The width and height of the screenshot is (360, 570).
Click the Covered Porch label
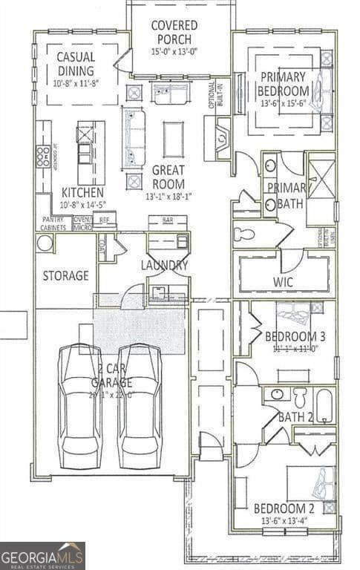tap(174, 32)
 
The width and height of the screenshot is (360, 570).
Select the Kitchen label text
tap(77, 191)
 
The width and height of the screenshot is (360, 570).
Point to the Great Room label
tap(168, 176)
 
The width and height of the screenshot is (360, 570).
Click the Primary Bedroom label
tap(282, 83)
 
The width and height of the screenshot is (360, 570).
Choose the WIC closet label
tap(283, 282)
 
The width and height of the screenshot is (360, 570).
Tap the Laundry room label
tap(164, 265)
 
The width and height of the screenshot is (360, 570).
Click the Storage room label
tap(65, 276)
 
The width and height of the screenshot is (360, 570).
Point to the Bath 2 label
tap(295, 416)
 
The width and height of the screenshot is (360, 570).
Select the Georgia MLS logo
tap(42, 555)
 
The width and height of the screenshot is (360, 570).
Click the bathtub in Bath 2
tap(324, 404)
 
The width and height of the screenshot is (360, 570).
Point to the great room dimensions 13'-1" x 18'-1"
tap(168, 196)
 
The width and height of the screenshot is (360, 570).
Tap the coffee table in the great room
tap(173, 140)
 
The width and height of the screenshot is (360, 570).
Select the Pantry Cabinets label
tap(53, 223)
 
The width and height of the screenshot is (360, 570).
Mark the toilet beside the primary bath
tap(243, 235)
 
